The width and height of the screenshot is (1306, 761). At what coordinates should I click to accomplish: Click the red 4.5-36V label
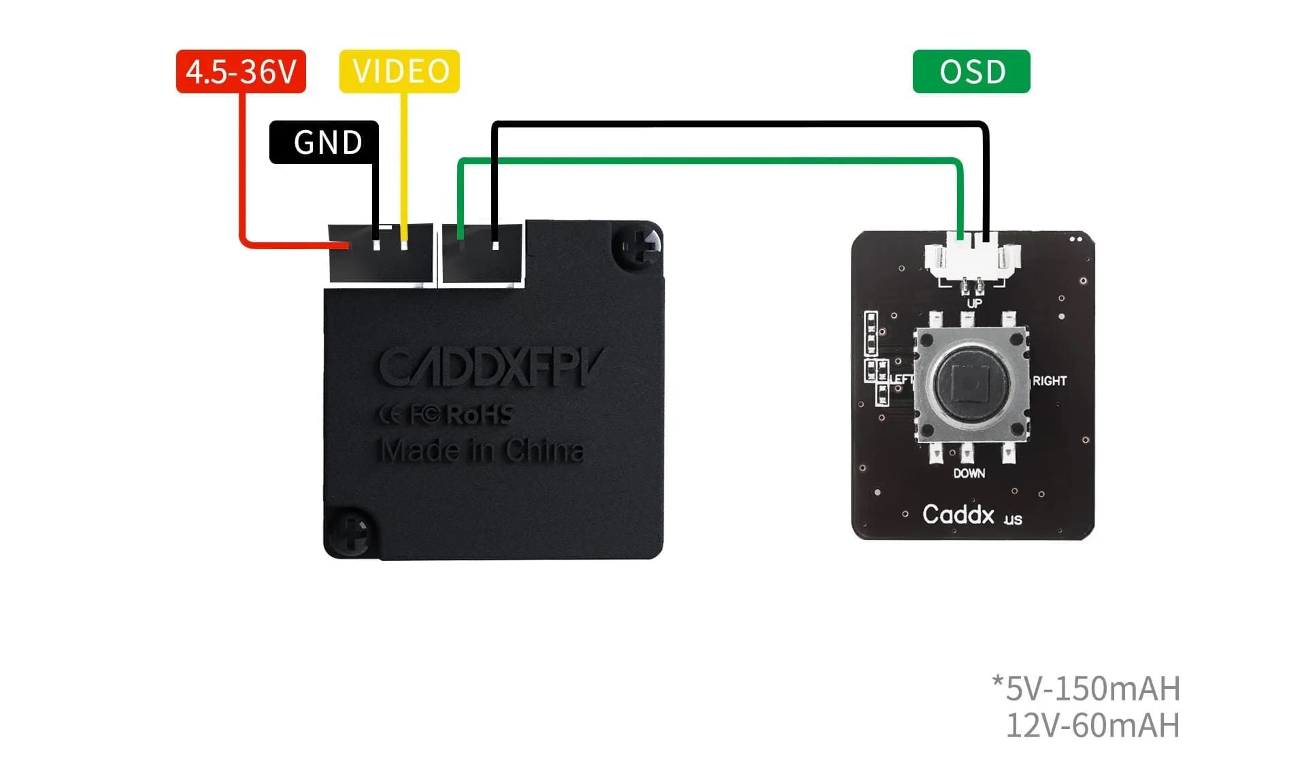coord(241,71)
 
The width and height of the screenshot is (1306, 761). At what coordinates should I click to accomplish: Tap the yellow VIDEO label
coord(400,71)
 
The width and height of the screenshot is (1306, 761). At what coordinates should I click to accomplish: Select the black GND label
coord(324,142)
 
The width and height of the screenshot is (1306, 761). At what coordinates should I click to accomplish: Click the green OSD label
coord(971,71)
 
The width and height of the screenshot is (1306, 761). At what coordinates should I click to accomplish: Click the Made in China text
coord(482,451)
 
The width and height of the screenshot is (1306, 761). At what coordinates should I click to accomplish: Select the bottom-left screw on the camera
coord(350,532)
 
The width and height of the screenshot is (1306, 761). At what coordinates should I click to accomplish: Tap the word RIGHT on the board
coord(1050,381)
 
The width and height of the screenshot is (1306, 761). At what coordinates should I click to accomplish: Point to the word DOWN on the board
coord(969,474)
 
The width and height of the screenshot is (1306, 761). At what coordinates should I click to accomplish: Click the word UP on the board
coord(974,304)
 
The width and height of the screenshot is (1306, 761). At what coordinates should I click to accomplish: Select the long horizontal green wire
coord(707,161)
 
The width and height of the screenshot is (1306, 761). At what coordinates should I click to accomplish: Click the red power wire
coord(242,170)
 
